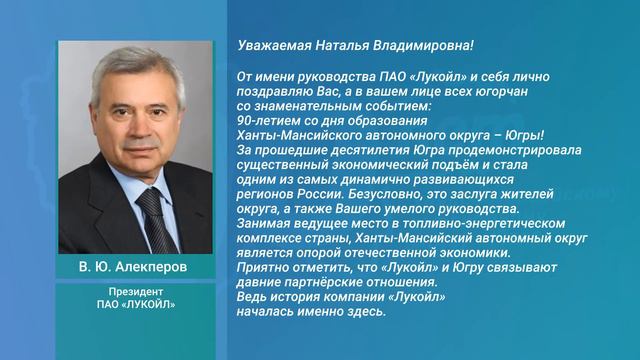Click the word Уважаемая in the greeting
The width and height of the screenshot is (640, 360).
[267, 46]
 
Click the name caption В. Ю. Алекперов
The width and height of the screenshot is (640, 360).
[134, 273]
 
